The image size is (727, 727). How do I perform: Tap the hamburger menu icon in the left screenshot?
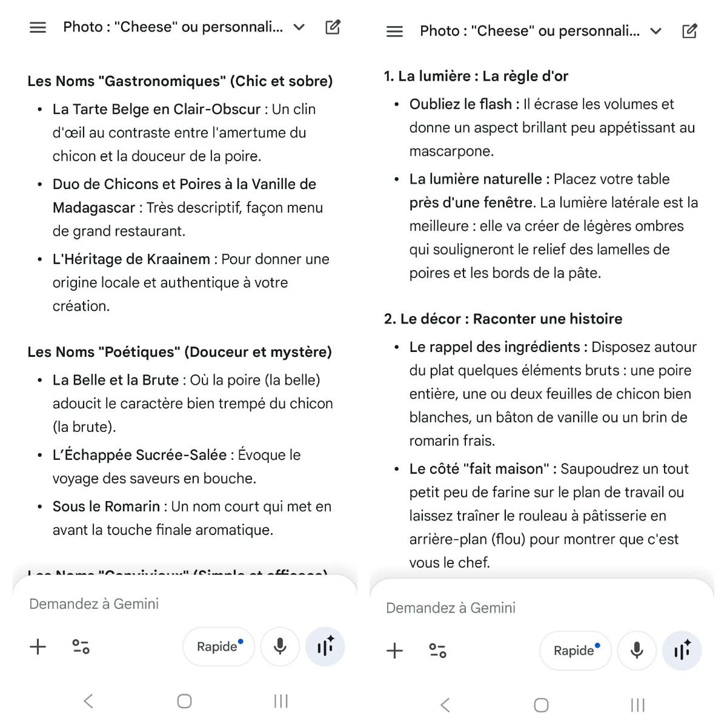tap(38, 27)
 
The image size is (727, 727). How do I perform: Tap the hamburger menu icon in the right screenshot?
tap(394, 32)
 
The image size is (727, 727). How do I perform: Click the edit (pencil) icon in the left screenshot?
tap(333, 27)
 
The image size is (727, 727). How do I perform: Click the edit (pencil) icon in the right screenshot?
tap(689, 32)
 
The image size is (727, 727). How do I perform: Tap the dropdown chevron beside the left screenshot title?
tap(299, 27)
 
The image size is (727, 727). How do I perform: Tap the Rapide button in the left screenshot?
tap(219, 646)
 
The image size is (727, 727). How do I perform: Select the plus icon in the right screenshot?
tap(394, 651)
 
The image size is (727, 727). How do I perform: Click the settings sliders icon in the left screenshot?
tap(81, 646)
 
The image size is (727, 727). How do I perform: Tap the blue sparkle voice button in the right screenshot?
tap(682, 651)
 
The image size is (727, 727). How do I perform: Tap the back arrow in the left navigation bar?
tap(88, 702)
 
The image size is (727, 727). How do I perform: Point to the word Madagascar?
tap(93, 208)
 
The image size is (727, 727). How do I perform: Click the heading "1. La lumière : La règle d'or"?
tap(476, 76)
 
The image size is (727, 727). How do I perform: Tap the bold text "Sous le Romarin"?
tap(106, 506)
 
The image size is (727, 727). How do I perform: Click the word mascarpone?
tap(451, 151)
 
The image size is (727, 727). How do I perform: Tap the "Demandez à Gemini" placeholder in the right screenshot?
tap(451, 608)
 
